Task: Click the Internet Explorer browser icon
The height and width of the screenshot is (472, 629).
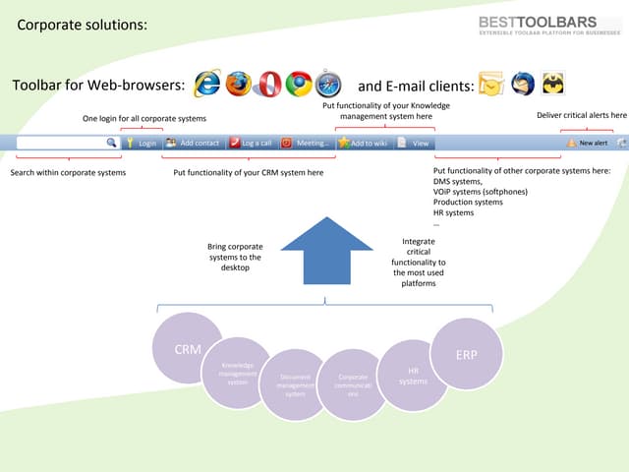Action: (x=207, y=86)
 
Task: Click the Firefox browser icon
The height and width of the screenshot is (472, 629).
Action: (x=238, y=86)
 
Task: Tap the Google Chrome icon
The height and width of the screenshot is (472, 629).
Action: (x=298, y=86)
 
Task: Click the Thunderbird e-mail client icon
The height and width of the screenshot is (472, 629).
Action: (x=524, y=86)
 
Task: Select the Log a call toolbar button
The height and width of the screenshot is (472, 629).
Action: (x=251, y=143)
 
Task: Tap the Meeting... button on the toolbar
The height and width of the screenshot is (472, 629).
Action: (x=306, y=143)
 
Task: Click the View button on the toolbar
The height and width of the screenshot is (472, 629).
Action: (x=414, y=143)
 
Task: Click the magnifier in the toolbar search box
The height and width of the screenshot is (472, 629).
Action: (x=111, y=143)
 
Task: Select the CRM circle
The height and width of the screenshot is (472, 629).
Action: (x=187, y=348)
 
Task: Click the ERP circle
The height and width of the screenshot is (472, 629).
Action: (x=467, y=354)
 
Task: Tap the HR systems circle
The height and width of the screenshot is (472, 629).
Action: (x=414, y=376)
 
